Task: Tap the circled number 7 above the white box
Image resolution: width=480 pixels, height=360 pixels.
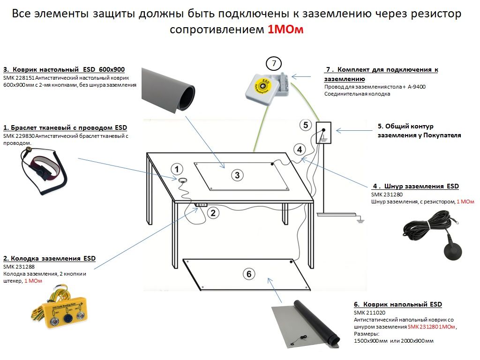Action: pos(274,62)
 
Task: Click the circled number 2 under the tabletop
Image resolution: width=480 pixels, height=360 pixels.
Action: pos(212,213)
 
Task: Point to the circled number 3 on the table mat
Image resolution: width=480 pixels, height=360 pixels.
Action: pos(237,175)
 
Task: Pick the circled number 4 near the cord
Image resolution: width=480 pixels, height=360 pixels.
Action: pos(299,150)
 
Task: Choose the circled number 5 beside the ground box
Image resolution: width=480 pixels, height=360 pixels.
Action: pos(306,125)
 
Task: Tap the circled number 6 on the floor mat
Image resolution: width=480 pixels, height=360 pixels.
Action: pos(248,274)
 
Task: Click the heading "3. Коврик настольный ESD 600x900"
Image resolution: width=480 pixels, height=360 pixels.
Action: pos(60,69)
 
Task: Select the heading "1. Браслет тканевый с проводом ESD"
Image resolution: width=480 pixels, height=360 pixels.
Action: pos(65,127)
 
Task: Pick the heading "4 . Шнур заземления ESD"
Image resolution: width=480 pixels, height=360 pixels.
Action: pos(415,186)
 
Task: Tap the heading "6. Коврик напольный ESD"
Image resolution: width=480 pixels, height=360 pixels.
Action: pos(398,304)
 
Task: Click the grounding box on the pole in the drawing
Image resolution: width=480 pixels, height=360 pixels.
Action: pos(323,133)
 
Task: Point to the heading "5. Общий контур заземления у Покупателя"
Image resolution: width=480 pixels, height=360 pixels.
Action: pos(419,131)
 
